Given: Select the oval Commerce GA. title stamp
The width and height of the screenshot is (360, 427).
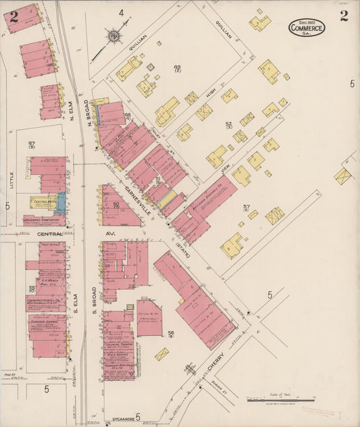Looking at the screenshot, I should pyautogui.click(x=307, y=28).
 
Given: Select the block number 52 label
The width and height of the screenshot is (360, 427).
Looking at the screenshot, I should pyautogui.click(x=228, y=124).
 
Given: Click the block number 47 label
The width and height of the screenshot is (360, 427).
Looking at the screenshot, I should pyautogui.click(x=32, y=144).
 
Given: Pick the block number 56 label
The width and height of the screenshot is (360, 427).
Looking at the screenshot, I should pyautogui.click(x=171, y=333).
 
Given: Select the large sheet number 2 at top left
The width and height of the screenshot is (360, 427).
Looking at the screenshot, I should pyautogui.click(x=14, y=18).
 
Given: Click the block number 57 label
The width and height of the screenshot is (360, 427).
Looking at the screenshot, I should pyautogui.click(x=246, y=207).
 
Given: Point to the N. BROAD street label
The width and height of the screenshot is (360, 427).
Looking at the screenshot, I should pyautogui.click(x=88, y=114).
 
